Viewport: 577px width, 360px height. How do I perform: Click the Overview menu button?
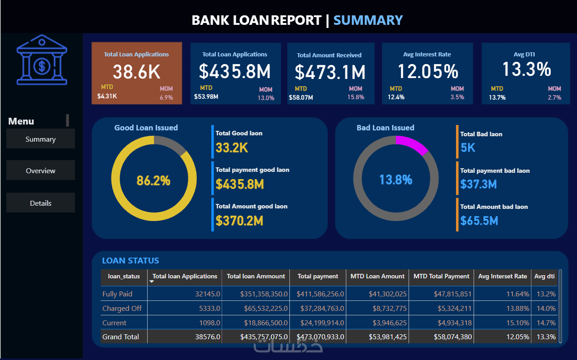(41, 171)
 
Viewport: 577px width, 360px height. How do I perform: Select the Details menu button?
(41, 203)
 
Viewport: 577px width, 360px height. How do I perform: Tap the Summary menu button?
(41, 139)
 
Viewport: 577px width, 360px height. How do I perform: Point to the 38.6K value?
(136, 72)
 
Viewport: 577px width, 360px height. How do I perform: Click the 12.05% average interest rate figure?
(428, 71)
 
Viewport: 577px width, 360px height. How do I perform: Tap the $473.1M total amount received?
(330, 72)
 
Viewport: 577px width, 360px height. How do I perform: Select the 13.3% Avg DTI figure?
(526, 69)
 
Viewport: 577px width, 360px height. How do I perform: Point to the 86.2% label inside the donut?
(154, 180)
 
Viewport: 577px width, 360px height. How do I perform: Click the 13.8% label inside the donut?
(396, 180)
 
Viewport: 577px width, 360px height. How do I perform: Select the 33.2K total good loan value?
(232, 148)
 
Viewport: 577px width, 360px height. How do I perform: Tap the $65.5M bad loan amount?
(479, 221)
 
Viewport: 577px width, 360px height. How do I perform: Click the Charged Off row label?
(122, 308)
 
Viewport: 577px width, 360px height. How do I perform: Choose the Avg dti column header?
(544, 276)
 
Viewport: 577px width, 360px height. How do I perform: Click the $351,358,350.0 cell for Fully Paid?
(257, 294)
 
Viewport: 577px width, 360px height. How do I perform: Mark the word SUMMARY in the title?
(368, 20)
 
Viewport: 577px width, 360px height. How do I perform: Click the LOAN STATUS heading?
(130, 260)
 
